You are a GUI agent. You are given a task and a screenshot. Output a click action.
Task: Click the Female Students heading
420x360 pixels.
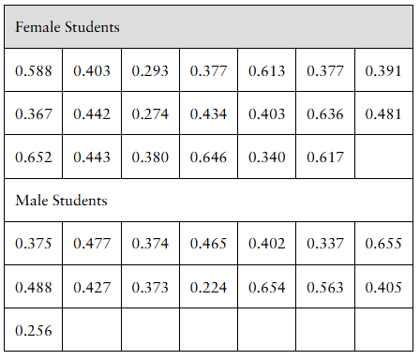pyautogui.click(x=67, y=27)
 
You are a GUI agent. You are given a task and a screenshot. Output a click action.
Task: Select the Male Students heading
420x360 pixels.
pyautogui.click(x=62, y=200)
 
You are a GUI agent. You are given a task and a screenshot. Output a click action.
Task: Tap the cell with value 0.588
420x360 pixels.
pyautogui.click(x=34, y=71)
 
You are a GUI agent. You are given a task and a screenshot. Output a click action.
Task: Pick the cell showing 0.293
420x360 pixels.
pyautogui.click(x=150, y=71)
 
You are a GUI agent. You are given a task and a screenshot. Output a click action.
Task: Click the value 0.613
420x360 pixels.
pyautogui.click(x=267, y=71)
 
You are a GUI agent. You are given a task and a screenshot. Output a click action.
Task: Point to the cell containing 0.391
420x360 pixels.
pyautogui.click(x=382, y=71)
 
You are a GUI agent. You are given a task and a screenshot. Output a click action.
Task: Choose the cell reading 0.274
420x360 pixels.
pyautogui.click(x=150, y=114)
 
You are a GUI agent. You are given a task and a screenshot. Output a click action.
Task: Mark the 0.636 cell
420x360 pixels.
pyautogui.click(x=325, y=114)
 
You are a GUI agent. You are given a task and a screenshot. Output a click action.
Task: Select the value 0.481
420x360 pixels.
pyautogui.click(x=382, y=114)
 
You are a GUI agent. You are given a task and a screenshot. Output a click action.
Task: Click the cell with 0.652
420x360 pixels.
pyautogui.click(x=34, y=157)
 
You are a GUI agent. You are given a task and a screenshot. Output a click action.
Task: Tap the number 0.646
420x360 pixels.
pyautogui.click(x=209, y=157)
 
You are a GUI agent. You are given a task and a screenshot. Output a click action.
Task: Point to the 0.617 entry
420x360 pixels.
pyautogui.click(x=325, y=157)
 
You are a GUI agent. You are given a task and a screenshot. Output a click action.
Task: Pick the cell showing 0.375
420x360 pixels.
pyautogui.click(x=34, y=244)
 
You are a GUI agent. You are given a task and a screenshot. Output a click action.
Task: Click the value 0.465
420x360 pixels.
pyautogui.click(x=209, y=244)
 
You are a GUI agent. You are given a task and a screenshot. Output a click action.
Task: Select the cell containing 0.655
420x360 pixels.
pyautogui.click(x=382, y=244)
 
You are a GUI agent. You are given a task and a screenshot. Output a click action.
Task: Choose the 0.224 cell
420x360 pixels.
pyautogui.click(x=209, y=288)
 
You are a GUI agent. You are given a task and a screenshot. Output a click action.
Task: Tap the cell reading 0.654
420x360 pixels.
pyautogui.click(x=267, y=288)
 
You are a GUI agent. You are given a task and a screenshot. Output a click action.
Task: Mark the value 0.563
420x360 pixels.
pyautogui.click(x=325, y=288)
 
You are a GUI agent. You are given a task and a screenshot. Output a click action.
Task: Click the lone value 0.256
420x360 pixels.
pyautogui.click(x=34, y=331)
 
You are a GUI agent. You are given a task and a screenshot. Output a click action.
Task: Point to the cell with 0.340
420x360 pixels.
pyautogui.click(x=267, y=157)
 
